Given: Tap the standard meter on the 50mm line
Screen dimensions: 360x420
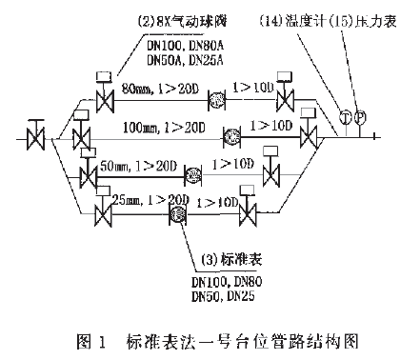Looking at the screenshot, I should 194,174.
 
